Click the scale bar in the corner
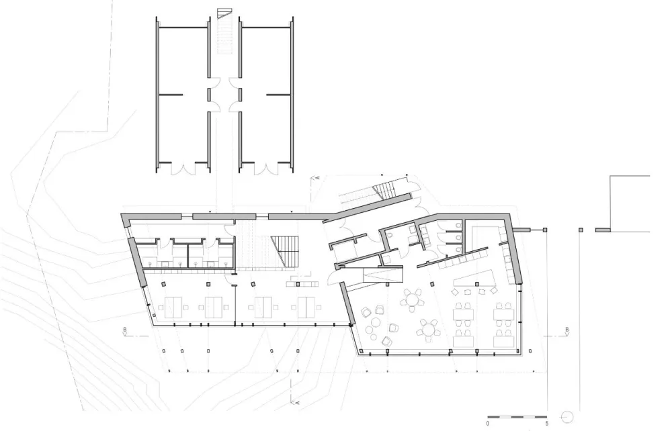tap(517, 416)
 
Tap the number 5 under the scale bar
tap(546, 424)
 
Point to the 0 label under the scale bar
tap(488, 424)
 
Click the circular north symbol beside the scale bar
tap(566, 416)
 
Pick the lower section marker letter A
tap(297, 402)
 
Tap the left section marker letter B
tap(125, 330)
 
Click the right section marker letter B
tap(567, 330)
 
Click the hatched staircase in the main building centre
tap(284, 252)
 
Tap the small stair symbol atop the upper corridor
tap(224, 13)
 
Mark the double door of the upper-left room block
tap(183, 169)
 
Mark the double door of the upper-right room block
tap(265, 169)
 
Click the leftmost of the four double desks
tap(173, 307)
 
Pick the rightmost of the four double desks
tap(306, 307)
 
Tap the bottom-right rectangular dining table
tap(504, 341)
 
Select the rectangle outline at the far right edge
tap(630, 203)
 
